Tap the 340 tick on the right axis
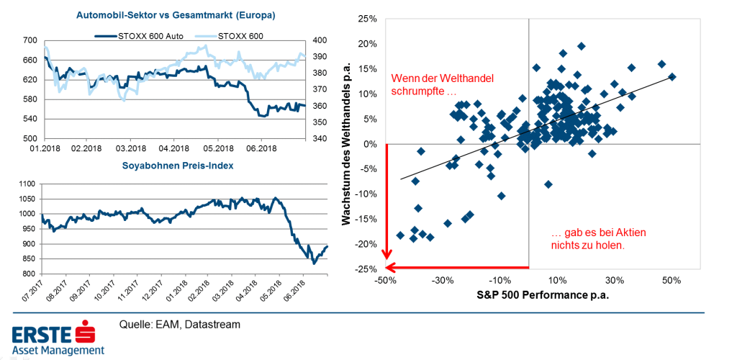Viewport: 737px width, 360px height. click(317, 138)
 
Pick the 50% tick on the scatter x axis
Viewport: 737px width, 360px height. click(672, 280)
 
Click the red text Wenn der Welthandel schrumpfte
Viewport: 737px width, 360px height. click(443, 85)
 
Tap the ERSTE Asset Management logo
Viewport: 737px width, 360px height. click(58, 340)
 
